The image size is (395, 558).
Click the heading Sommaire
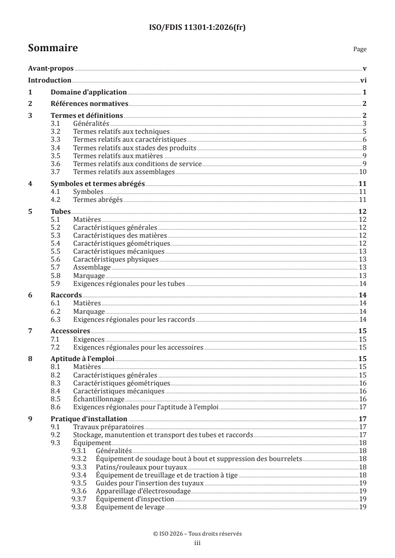click(x=52, y=48)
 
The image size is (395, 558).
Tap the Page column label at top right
click(x=360, y=49)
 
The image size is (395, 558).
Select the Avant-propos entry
click(x=50, y=69)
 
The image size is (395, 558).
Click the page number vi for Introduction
click(x=363, y=80)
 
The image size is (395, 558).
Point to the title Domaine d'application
click(x=89, y=92)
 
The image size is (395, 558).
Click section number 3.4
click(x=56, y=148)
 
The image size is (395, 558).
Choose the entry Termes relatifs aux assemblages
click(x=124, y=172)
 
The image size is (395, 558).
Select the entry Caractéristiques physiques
click(x=116, y=259)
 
